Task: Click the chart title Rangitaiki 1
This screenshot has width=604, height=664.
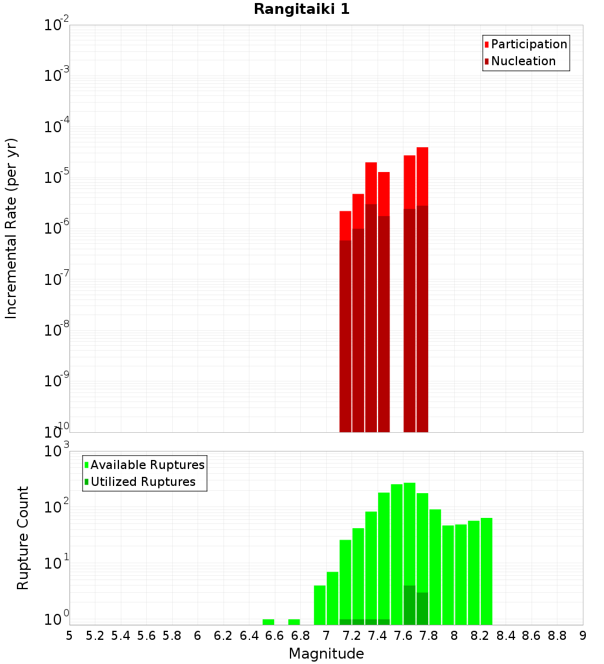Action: tap(301, 10)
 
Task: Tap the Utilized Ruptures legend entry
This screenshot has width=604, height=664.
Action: tap(143, 482)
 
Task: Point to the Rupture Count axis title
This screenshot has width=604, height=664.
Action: tap(23, 537)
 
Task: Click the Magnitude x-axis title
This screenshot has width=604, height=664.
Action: tap(326, 654)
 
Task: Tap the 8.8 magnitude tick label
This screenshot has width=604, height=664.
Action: tap(557, 636)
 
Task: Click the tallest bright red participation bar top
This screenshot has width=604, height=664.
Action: tap(422, 148)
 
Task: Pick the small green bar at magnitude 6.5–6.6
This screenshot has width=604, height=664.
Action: tap(268, 622)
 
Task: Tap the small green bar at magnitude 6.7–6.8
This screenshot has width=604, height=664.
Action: tap(294, 622)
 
